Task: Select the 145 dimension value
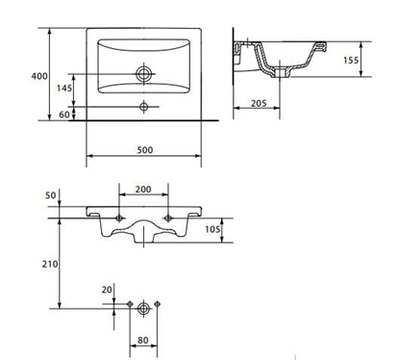pos(63,89)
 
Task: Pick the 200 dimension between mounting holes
pos(143,190)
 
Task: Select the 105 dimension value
pos(214,228)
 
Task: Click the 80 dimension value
pos(143,340)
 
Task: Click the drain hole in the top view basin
pos(144,72)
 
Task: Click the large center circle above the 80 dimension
pos(143,308)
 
